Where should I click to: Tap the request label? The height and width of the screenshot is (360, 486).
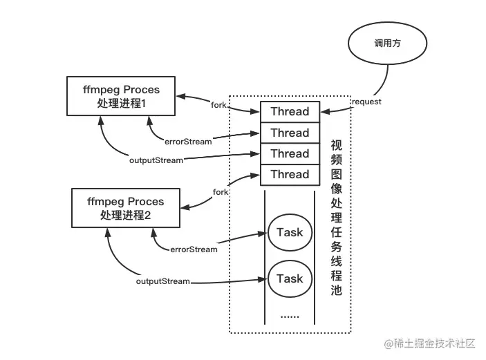[x=366, y=102]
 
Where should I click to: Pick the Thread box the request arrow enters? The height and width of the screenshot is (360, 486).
[x=290, y=111]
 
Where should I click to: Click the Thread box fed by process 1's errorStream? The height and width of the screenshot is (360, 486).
[x=290, y=133]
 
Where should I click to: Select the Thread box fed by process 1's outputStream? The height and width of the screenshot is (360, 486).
[x=290, y=153]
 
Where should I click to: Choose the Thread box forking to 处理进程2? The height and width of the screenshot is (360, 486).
[x=290, y=174]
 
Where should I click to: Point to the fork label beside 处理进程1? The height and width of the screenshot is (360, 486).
[x=218, y=105]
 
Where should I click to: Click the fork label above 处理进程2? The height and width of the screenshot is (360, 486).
[x=221, y=192]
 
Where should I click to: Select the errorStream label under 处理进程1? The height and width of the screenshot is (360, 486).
[x=188, y=142]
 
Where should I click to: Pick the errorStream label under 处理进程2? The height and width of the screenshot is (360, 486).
[x=194, y=249]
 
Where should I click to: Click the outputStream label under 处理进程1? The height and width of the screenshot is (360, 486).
[x=156, y=160]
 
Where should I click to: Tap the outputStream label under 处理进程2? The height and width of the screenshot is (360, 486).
[x=163, y=281]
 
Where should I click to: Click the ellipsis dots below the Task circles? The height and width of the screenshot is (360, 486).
[x=290, y=317]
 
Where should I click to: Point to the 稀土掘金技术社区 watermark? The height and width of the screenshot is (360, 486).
[x=429, y=343]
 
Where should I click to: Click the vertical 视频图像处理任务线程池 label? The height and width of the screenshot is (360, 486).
[x=336, y=218]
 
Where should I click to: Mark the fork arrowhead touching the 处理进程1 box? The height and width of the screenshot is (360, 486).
[x=180, y=96]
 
